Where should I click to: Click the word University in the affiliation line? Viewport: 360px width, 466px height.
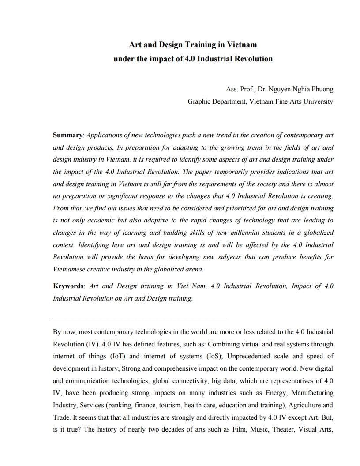pyautogui.click(x=319, y=101)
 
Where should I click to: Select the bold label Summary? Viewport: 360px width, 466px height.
pyautogui.click(x=67, y=135)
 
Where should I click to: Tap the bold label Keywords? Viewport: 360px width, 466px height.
pyautogui.click(x=69, y=286)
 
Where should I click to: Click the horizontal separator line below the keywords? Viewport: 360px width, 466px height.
pyautogui.click(x=139, y=318)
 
